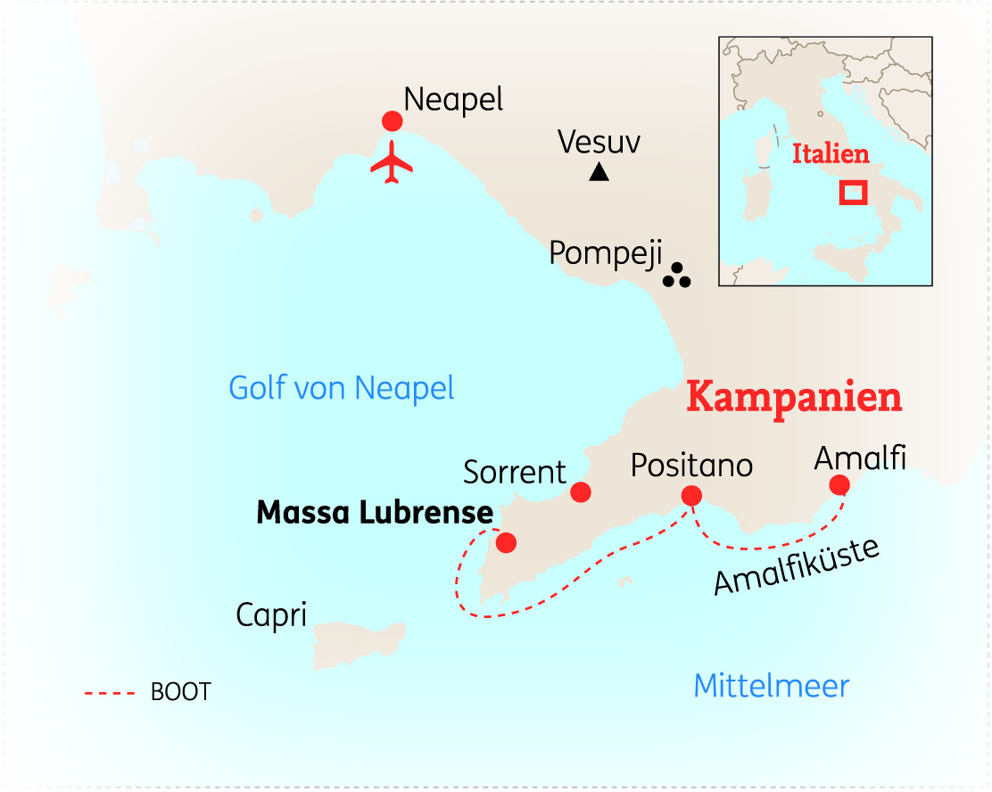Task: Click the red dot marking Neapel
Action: click(x=392, y=121)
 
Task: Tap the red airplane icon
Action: click(x=392, y=164)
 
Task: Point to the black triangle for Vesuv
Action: click(x=599, y=173)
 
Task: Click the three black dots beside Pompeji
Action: click(x=677, y=276)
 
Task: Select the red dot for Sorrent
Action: click(x=581, y=491)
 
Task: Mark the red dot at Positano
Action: click(x=690, y=495)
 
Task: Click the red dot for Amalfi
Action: click(x=839, y=484)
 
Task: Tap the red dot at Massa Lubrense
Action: click(x=506, y=542)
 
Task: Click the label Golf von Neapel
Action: click(x=342, y=389)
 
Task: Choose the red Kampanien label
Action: click(x=794, y=398)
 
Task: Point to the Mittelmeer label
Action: click(x=771, y=687)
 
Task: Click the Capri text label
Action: click(x=271, y=615)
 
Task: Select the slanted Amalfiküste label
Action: click(x=797, y=567)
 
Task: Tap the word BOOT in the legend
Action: click(x=181, y=692)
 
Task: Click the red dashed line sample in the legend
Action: click(x=109, y=692)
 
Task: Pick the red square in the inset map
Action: click(x=854, y=192)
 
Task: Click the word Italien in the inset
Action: click(x=830, y=154)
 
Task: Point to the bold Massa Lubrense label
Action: click(x=375, y=513)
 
